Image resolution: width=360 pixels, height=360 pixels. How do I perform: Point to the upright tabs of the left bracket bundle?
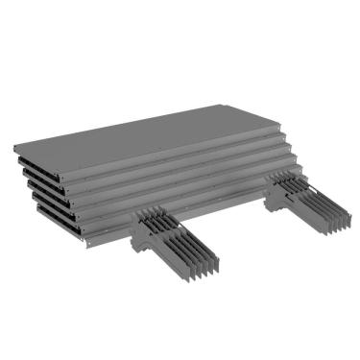154,217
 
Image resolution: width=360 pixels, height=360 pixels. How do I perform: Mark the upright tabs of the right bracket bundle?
286,179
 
